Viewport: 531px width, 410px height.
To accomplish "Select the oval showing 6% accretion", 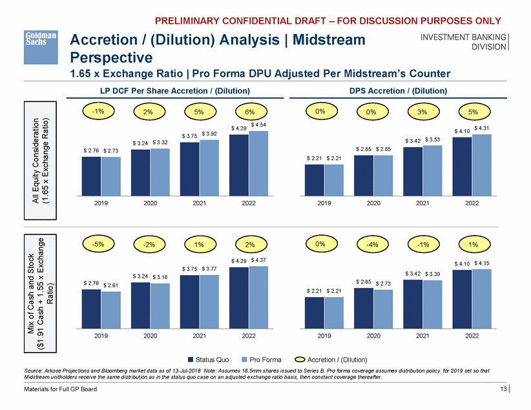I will point(249,110).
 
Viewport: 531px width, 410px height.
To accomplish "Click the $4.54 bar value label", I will point(258,124).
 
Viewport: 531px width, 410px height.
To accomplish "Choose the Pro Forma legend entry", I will point(260,359).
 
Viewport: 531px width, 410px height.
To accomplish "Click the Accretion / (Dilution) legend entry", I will point(333,359).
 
